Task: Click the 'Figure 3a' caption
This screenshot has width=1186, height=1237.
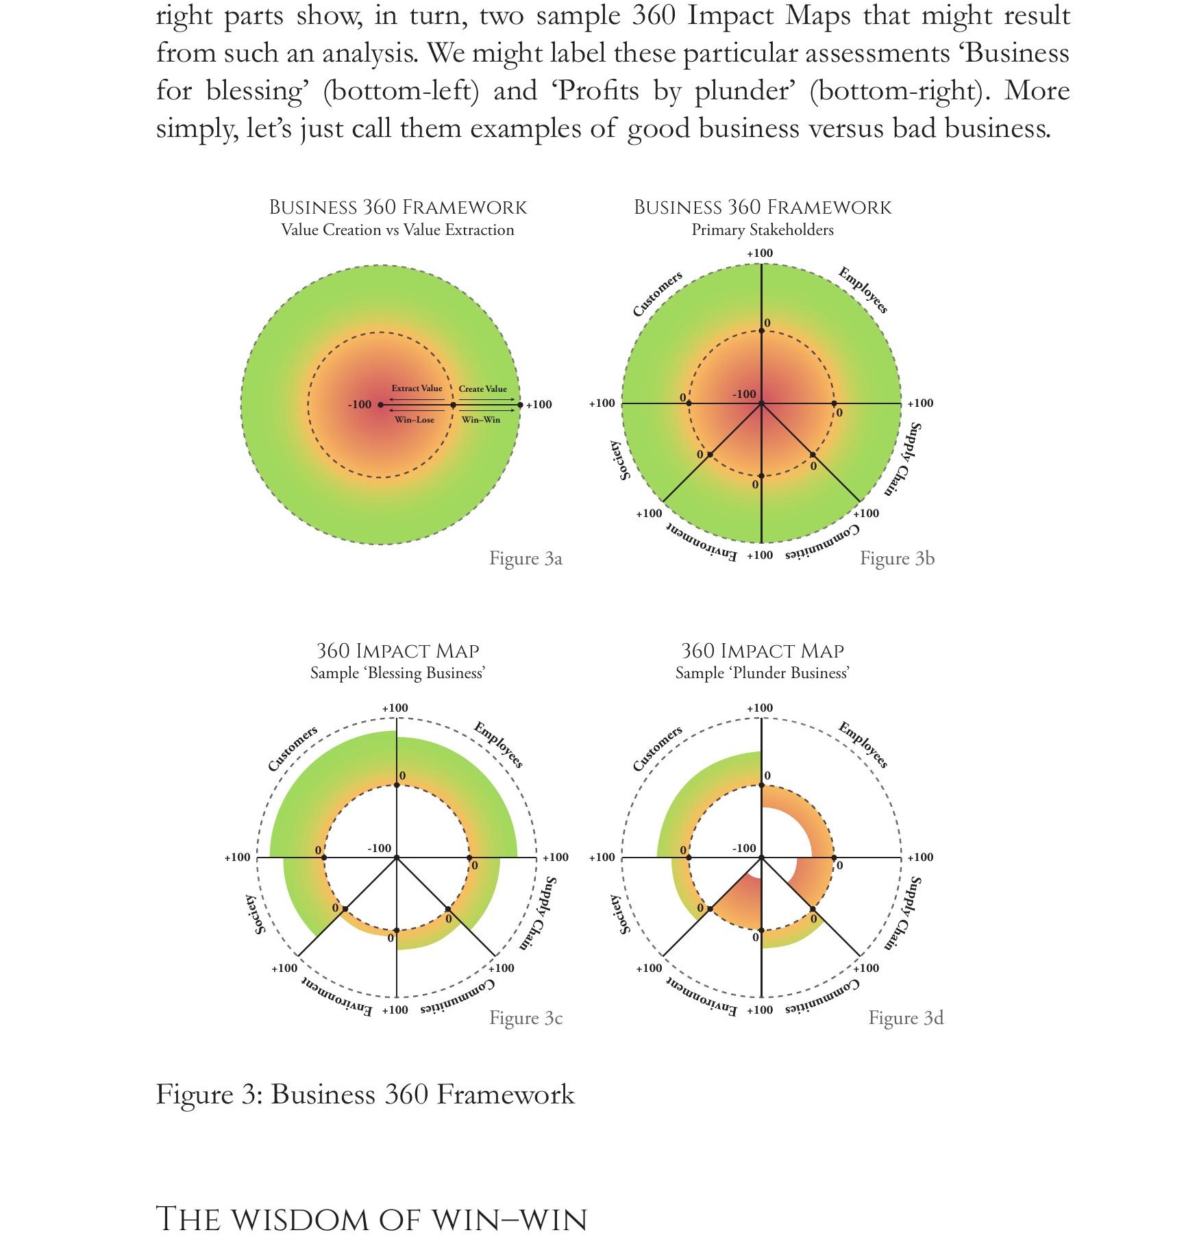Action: point(526,559)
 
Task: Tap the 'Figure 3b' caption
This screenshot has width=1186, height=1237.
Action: point(897,559)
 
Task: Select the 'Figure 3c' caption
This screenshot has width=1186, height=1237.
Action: point(526,1019)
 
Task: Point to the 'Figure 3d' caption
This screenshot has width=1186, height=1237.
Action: point(906,1019)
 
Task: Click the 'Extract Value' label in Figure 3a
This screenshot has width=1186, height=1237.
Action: point(417,388)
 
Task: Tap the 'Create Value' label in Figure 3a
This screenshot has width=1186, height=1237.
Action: point(483,389)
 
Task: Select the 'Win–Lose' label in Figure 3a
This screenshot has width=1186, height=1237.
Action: point(415,420)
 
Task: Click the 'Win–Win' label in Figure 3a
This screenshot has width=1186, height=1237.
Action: point(481,420)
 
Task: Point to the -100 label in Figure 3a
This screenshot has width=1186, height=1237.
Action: point(360,405)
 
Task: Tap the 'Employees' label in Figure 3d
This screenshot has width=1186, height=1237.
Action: point(863,745)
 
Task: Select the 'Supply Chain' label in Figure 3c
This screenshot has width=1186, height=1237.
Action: point(538,913)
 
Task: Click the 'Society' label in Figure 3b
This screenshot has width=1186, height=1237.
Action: point(619,460)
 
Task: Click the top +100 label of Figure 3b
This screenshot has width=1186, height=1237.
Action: point(760,253)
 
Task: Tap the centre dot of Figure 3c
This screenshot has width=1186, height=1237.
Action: point(397,858)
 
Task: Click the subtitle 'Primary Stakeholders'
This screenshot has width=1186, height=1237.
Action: point(763,230)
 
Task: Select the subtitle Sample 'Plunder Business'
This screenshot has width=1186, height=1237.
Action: point(763,673)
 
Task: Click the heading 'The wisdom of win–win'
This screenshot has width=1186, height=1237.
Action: point(371,1220)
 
